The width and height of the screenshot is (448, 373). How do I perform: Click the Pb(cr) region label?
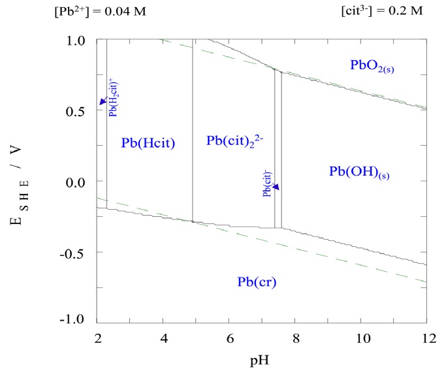tap(256, 282)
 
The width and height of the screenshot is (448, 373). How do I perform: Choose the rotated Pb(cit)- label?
tap(267, 184)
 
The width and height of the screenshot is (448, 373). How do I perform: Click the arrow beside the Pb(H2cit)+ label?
tap(102, 100)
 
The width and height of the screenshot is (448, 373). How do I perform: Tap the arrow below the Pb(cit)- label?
tap(276, 187)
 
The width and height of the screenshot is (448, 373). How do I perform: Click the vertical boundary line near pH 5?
tap(193, 131)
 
